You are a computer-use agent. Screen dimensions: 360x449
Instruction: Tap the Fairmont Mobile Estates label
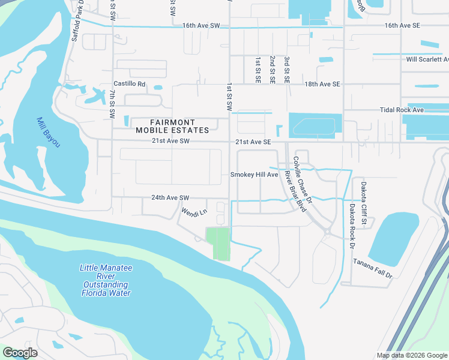click(172, 126)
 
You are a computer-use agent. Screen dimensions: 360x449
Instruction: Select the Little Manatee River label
click(106, 280)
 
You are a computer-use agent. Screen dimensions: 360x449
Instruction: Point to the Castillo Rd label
click(130, 85)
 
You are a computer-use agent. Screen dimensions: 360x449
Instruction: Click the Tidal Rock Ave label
click(402, 110)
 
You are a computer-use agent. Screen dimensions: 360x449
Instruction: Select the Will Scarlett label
click(427, 59)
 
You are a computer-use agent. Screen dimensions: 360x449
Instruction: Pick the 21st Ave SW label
click(170, 142)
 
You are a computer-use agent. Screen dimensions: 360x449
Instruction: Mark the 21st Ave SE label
click(253, 142)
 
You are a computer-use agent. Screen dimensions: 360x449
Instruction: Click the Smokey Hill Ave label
click(255, 175)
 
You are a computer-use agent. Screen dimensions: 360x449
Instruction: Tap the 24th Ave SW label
click(170, 197)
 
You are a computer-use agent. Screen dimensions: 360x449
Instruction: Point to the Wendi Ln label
click(194, 211)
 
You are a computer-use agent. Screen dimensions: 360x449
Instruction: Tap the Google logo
click(20, 353)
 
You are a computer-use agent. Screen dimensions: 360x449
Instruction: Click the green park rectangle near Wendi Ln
click(218, 244)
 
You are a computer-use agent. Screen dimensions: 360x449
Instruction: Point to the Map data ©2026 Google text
click(411, 355)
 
